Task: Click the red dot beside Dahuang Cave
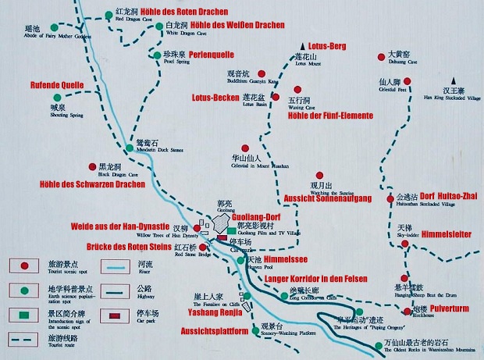click(381, 56)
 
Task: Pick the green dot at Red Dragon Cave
click(108, 14)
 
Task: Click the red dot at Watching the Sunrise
click(319, 176)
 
